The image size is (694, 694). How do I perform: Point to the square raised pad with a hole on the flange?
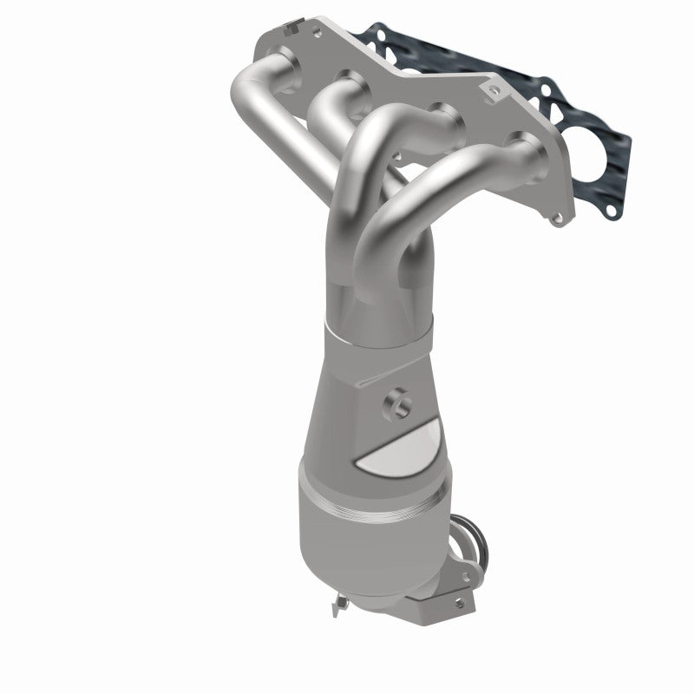tap(495, 89)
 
